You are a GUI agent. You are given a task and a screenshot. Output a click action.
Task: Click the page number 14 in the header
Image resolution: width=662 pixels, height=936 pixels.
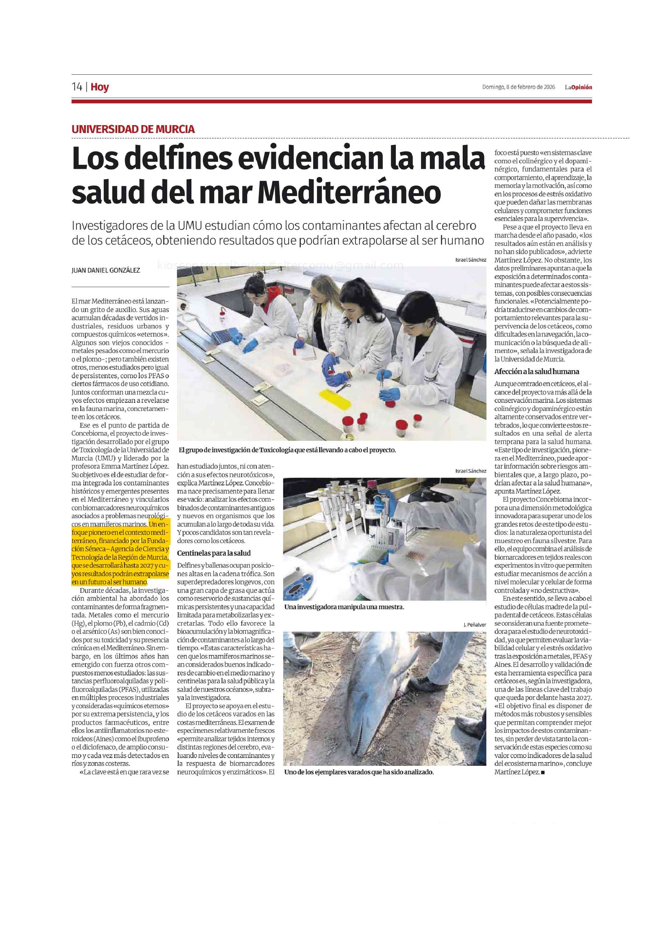tap(77, 87)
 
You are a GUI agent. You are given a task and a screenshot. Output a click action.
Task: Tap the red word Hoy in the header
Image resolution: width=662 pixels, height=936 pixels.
tap(100, 87)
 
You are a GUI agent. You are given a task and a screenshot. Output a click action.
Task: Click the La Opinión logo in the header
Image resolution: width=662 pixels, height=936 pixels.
tap(578, 87)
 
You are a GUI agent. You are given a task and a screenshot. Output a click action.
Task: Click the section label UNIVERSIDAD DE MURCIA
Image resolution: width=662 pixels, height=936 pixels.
tap(133, 129)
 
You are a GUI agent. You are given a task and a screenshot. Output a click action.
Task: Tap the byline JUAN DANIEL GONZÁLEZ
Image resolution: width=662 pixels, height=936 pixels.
tap(106, 270)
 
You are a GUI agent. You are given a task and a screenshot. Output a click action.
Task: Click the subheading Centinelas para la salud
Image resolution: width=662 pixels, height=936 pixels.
tap(214, 553)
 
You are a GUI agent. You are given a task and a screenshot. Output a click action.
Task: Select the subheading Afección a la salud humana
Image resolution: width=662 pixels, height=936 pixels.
tap(536, 371)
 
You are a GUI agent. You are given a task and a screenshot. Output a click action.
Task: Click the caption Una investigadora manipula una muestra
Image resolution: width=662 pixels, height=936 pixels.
tap(344, 607)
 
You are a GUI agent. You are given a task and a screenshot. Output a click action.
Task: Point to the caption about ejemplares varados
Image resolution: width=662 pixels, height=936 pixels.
tap(359, 772)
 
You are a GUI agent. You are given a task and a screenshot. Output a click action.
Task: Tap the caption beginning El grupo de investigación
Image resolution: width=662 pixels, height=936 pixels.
tap(287, 450)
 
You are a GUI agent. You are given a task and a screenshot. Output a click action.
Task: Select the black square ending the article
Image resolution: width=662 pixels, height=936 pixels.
tap(542, 772)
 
